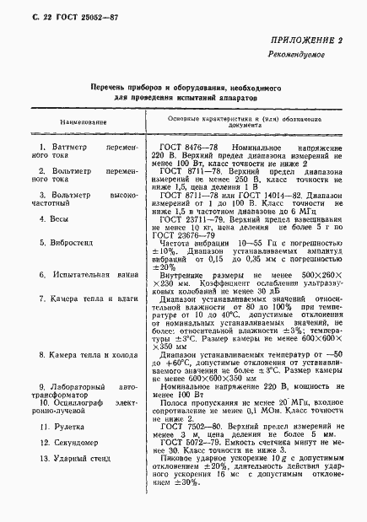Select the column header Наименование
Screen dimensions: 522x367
pyautogui.click(x=83, y=121)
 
